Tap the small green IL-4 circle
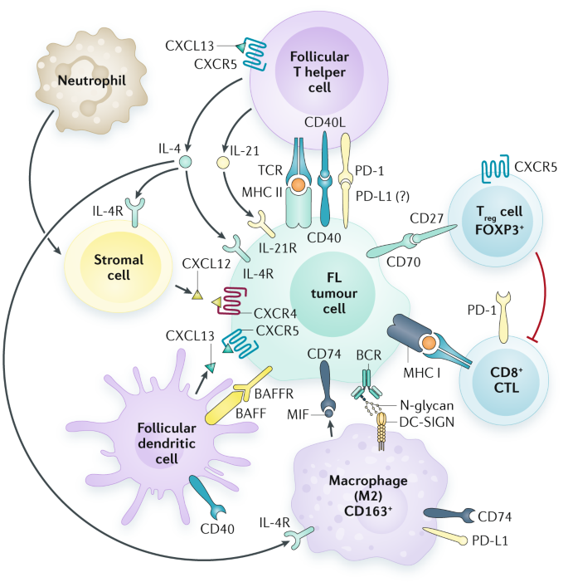tap(187, 161)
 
